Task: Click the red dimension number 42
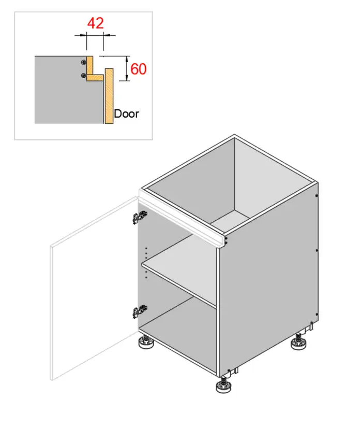click(x=95, y=23)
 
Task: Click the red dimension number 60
click(x=139, y=69)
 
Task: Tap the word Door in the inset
click(x=126, y=113)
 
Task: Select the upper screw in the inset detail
click(x=84, y=62)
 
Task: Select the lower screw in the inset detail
click(x=84, y=75)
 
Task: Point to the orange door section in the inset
click(x=109, y=96)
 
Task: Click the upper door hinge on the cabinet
click(x=140, y=217)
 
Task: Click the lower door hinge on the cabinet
click(x=140, y=311)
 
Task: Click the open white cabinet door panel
click(x=94, y=288)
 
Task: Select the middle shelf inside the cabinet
click(x=180, y=270)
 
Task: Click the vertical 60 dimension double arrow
click(x=127, y=68)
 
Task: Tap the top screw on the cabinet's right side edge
click(x=316, y=195)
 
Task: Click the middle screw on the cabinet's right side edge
click(x=317, y=250)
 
